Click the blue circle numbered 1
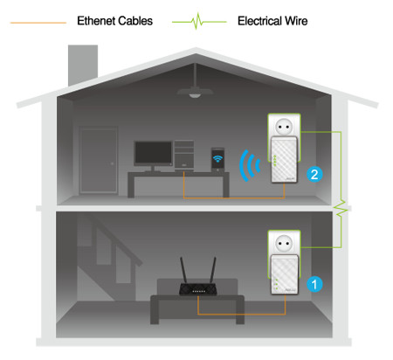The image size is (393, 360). [x=314, y=284]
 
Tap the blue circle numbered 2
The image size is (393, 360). [x=314, y=174]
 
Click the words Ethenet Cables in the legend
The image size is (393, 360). [x=114, y=21]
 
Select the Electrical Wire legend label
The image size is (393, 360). [x=272, y=21]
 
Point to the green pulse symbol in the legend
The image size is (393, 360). [x=199, y=21]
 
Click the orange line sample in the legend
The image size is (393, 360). [x=38, y=23]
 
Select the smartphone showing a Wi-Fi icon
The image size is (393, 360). [x=217, y=160]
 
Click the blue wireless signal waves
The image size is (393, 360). [x=248, y=165]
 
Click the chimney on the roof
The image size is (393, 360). [x=83, y=65]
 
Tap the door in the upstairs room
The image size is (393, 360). [x=99, y=160]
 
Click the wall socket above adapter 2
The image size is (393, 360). [x=284, y=126]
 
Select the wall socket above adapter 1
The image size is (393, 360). [x=284, y=242]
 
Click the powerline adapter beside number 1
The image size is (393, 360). [x=285, y=273]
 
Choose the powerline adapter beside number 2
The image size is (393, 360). [x=284, y=160]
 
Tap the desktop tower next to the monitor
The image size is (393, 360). [x=184, y=155]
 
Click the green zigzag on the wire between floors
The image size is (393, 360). [x=341, y=208]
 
